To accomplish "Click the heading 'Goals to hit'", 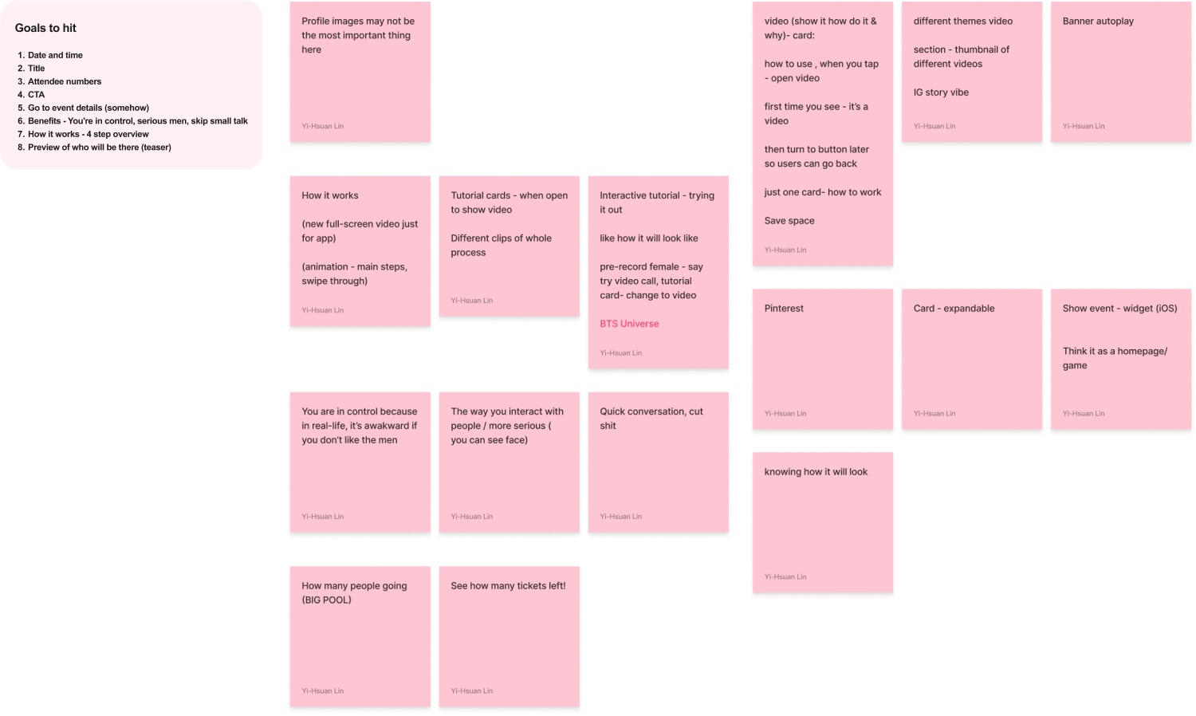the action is coord(45,28).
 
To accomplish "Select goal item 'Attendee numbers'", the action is coord(65,81).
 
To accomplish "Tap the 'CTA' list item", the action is coord(36,94).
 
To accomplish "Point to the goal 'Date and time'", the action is coord(55,55).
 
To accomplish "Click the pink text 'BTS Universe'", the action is coord(629,324).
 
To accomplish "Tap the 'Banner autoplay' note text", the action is coord(1098,22).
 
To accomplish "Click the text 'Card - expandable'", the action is coord(954,309).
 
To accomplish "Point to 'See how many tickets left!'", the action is coord(508,586).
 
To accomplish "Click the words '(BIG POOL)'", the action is coord(326,600).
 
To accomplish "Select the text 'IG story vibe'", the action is coord(941,92).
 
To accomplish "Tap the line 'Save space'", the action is coord(789,221).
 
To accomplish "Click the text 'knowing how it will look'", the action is coord(816,472).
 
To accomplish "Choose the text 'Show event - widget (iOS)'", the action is coord(1119,309).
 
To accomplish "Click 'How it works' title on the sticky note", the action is coord(330,195).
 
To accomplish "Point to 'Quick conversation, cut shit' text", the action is coord(651,419).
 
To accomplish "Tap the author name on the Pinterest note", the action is coord(785,414).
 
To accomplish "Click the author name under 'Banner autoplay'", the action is coord(1084,126).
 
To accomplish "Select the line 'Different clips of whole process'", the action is coord(501,246).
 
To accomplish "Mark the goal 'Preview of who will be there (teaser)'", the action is coord(100,148).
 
